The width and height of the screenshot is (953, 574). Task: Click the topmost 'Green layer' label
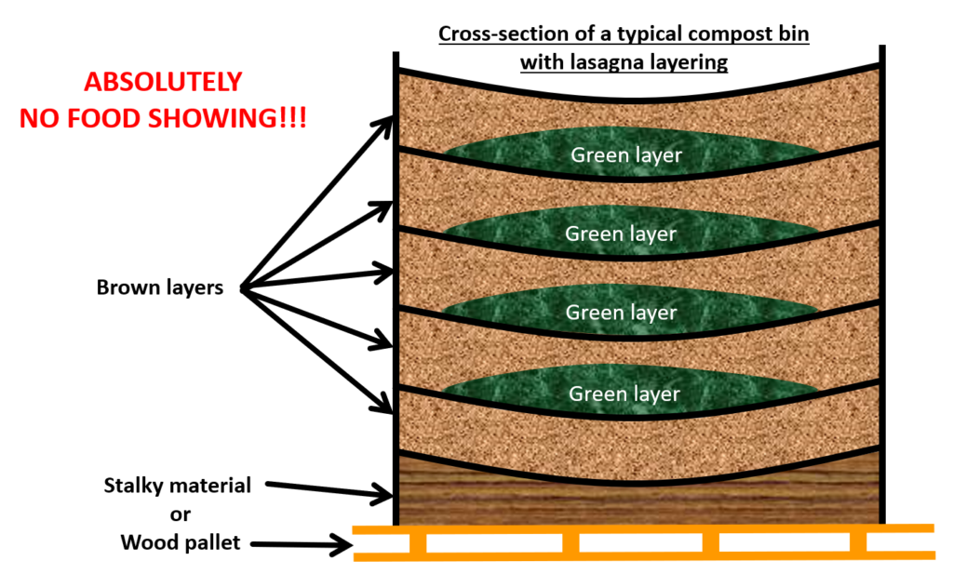pos(626,154)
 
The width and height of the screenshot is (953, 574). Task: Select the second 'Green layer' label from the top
pos(621,234)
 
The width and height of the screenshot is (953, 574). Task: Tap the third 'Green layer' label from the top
pos(621,313)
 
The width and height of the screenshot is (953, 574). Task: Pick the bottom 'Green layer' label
pos(624,394)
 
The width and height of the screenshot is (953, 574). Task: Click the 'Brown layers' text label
pos(160,287)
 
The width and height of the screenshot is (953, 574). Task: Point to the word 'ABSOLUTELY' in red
pos(163,82)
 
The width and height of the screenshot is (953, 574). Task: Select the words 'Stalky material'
pos(178,485)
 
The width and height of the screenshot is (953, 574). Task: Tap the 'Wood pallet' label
pos(181,542)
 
